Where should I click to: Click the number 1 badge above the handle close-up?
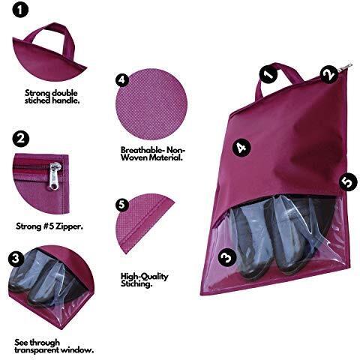point(20,10)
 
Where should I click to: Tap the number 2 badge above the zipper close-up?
point(20,138)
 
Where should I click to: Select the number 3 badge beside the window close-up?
point(16,258)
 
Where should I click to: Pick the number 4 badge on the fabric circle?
point(122,80)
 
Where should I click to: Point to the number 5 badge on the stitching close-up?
point(122,205)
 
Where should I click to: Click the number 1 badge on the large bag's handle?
point(268,74)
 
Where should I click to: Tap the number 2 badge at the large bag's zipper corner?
point(329,74)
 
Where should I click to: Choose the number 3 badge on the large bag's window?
point(227,257)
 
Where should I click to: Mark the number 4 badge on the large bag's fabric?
point(241,148)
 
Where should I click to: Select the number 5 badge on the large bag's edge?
point(348,181)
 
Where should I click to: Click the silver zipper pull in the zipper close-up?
point(55,175)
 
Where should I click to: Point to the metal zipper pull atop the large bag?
point(346,67)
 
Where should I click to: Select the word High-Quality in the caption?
point(145,277)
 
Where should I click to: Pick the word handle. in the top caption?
point(66,100)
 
